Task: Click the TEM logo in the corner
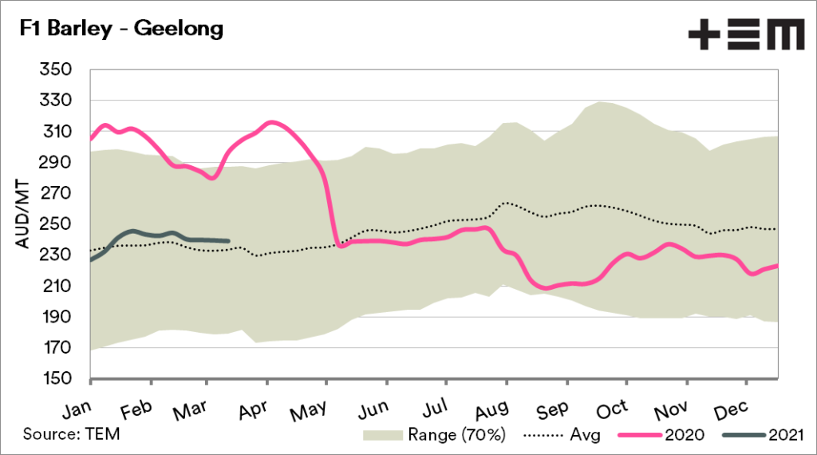745,35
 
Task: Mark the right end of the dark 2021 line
230,240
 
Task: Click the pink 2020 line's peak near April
271,122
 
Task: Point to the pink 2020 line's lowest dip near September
545,287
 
